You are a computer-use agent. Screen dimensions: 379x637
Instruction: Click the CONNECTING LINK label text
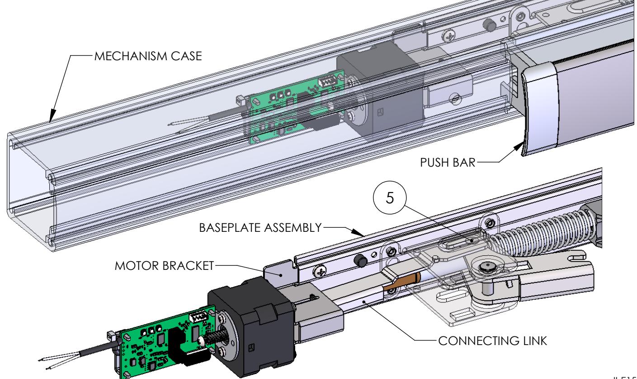tap(491, 341)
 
